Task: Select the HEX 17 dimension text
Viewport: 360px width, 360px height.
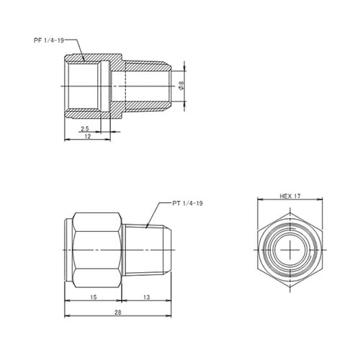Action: (290, 196)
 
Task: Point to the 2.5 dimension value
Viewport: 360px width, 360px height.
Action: (85, 128)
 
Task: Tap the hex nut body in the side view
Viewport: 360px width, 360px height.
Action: (97, 248)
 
